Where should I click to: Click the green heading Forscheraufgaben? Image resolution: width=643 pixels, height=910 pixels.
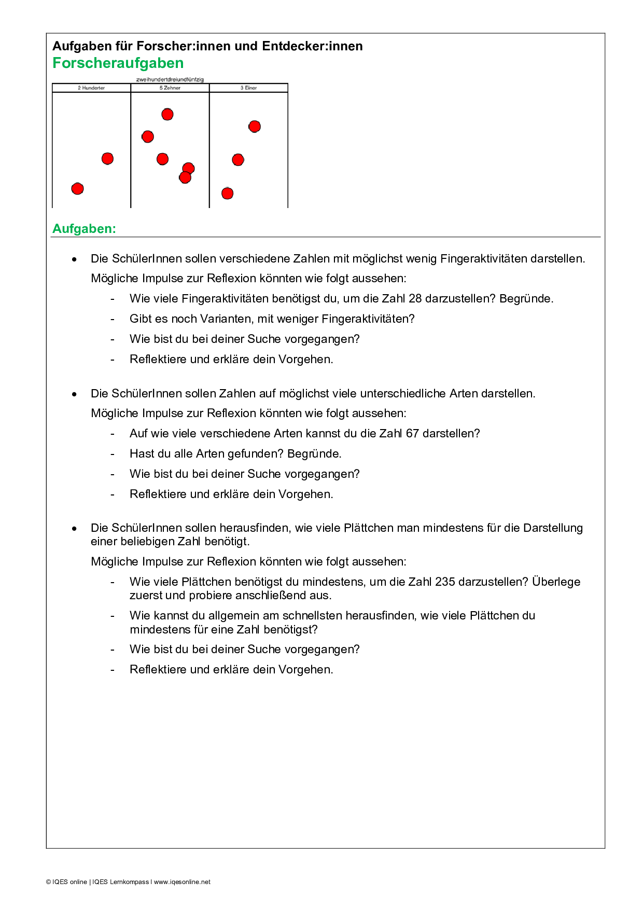coord(118,63)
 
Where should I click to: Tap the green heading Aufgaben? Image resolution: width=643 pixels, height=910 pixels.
coord(84,229)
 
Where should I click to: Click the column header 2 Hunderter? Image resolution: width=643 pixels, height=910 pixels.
coord(91,88)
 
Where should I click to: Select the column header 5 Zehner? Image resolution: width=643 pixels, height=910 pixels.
coord(170,88)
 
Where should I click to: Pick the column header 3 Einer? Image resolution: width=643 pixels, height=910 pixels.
coord(248,88)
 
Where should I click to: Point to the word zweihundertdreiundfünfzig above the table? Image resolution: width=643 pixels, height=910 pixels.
coord(170,79)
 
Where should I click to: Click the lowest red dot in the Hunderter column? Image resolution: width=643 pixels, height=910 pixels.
coord(78,188)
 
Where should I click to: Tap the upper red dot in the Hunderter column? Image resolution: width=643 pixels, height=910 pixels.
coord(107,158)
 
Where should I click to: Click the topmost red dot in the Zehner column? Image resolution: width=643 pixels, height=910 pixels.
coord(167,114)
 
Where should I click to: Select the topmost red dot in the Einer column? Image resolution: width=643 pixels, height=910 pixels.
coord(255,126)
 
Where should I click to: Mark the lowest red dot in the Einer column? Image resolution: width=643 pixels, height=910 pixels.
coord(227,194)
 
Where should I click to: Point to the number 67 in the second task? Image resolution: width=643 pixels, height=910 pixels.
coord(412,434)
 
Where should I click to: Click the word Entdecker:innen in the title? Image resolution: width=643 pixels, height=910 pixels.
coord(312,46)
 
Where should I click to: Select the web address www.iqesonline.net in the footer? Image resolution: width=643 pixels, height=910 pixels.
coord(182,882)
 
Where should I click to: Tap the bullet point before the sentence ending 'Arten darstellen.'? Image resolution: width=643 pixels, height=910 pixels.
coord(75,394)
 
